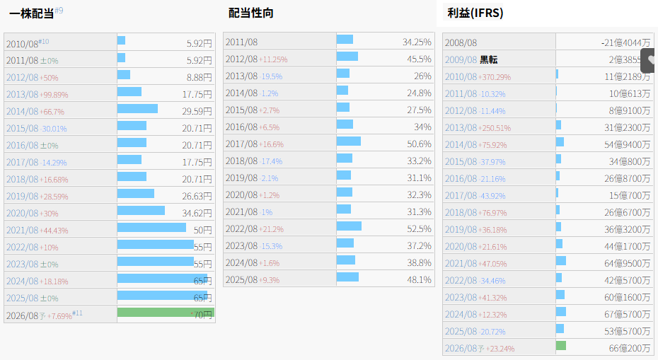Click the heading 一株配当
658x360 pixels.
tap(32, 13)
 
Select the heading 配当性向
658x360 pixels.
tap(250, 13)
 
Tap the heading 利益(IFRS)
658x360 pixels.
tap(475, 13)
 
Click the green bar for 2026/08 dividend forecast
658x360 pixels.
tap(166, 313)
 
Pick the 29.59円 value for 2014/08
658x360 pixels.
tap(197, 110)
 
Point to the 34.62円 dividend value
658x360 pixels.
tap(197, 212)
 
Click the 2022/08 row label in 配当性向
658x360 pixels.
tap(241, 228)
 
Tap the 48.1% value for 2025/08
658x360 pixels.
tap(418, 279)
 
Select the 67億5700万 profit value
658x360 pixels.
tap(625, 314)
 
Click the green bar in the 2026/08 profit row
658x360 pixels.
tap(561, 346)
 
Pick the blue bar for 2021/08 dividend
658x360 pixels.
tap(151, 228)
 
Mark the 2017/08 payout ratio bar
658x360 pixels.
tap(348, 141)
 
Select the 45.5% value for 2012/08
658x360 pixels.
tap(418, 59)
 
